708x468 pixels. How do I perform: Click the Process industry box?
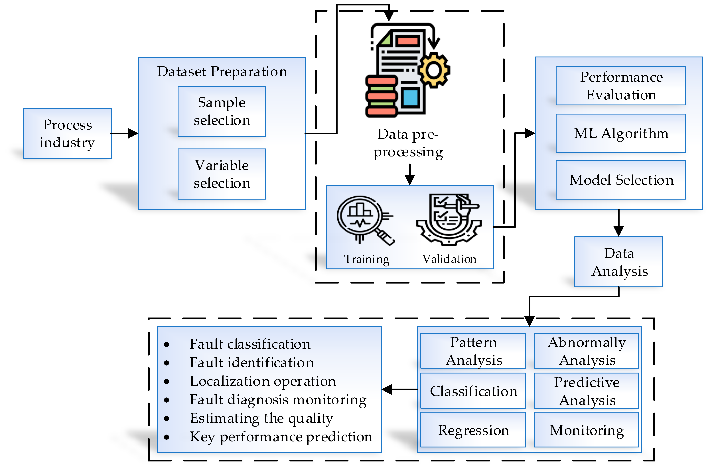coord(67,133)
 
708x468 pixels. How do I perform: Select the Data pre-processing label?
coord(408,143)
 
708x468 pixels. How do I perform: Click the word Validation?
coord(449,259)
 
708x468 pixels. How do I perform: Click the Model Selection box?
coord(621,180)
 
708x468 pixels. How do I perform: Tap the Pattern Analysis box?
coord(473,351)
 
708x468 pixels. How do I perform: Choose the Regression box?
coord(473,430)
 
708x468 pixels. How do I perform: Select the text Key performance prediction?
coord(281,437)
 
